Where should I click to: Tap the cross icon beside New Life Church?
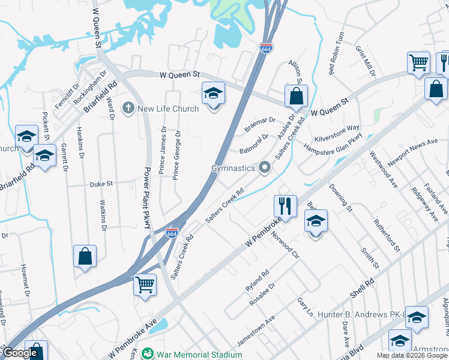tap(128, 109)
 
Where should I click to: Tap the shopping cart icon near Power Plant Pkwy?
tap(145, 284)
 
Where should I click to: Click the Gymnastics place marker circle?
tap(265, 169)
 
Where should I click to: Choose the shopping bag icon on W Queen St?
tap(296, 95)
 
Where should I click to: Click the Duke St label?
tap(101, 184)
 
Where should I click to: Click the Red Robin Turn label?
tap(336, 53)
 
